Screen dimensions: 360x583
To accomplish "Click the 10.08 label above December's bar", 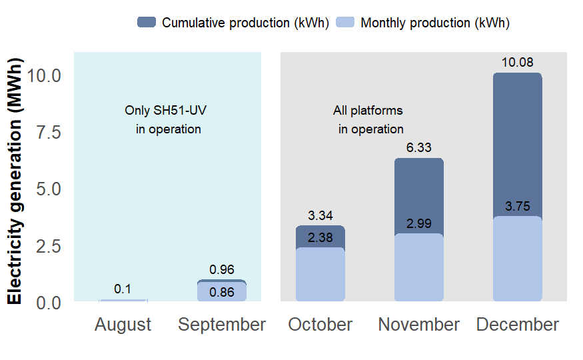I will coord(517,63).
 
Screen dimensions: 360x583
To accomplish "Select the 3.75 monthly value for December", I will coord(517,207).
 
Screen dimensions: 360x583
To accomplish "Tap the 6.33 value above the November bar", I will coord(419,148).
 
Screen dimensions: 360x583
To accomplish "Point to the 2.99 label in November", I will coord(419,224).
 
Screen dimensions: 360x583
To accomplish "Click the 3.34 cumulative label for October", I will coord(320,215).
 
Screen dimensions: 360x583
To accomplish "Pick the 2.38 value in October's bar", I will coord(320,238).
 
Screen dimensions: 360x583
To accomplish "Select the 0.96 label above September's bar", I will coord(222,270).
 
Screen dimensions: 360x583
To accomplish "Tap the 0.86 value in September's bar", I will coord(222,291).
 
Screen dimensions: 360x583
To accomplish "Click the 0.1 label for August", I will coord(123,289).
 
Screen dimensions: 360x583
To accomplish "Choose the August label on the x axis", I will coord(123,325).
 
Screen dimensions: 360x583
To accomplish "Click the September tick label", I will coord(222,325).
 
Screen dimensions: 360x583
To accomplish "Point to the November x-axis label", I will coord(419,325).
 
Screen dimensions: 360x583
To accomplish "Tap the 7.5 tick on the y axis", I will coord(47,132).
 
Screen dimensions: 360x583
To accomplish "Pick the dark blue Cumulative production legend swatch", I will coord(146,22).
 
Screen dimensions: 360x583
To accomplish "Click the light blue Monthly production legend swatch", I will coord(344,22).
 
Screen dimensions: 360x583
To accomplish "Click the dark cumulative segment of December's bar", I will coord(517,143).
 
